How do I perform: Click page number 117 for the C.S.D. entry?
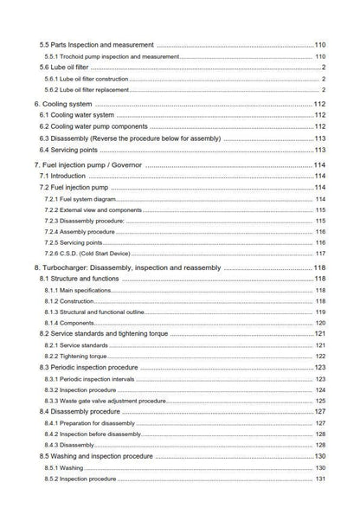tap(319, 254)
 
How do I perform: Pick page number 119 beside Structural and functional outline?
tap(319, 312)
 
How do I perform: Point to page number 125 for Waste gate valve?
tap(319, 401)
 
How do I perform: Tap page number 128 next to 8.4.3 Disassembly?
tap(319, 445)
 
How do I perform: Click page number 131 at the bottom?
tap(319, 479)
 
